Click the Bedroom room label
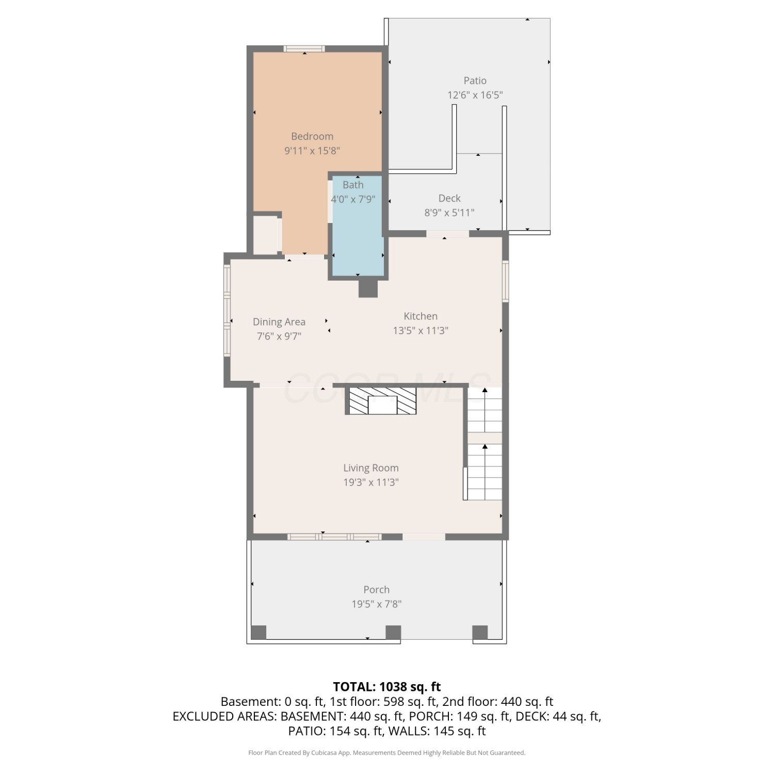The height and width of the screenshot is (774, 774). click(x=312, y=136)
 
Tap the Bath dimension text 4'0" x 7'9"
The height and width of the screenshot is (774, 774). click(x=353, y=199)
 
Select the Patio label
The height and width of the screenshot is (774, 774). click(x=475, y=80)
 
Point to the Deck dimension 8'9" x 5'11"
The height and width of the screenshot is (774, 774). click(x=449, y=213)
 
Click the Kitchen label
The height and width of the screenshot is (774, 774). click(x=421, y=316)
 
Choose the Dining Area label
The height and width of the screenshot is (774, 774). click(x=279, y=322)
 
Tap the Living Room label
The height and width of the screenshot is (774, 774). click(x=371, y=468)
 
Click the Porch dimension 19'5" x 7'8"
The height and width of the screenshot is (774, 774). click(x=377, y=604)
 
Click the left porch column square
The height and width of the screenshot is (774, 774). click(x=259, y=633)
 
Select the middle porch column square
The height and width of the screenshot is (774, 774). click(x=393, y=633)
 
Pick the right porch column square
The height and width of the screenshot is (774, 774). click(x=480, y=633)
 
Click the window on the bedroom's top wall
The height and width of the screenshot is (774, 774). click(x=304, y=49)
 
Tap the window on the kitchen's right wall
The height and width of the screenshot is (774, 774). click(x=506, y=281)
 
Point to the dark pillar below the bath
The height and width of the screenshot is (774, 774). click(x=368, y=288)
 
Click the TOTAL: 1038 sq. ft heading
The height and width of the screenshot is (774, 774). click(x=387, y=687)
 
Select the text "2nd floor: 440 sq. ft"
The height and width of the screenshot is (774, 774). click(x=497, y=702)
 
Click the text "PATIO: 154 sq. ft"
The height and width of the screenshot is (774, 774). click(x=335, y=731)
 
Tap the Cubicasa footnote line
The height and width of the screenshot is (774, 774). click(x=387, y=753)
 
